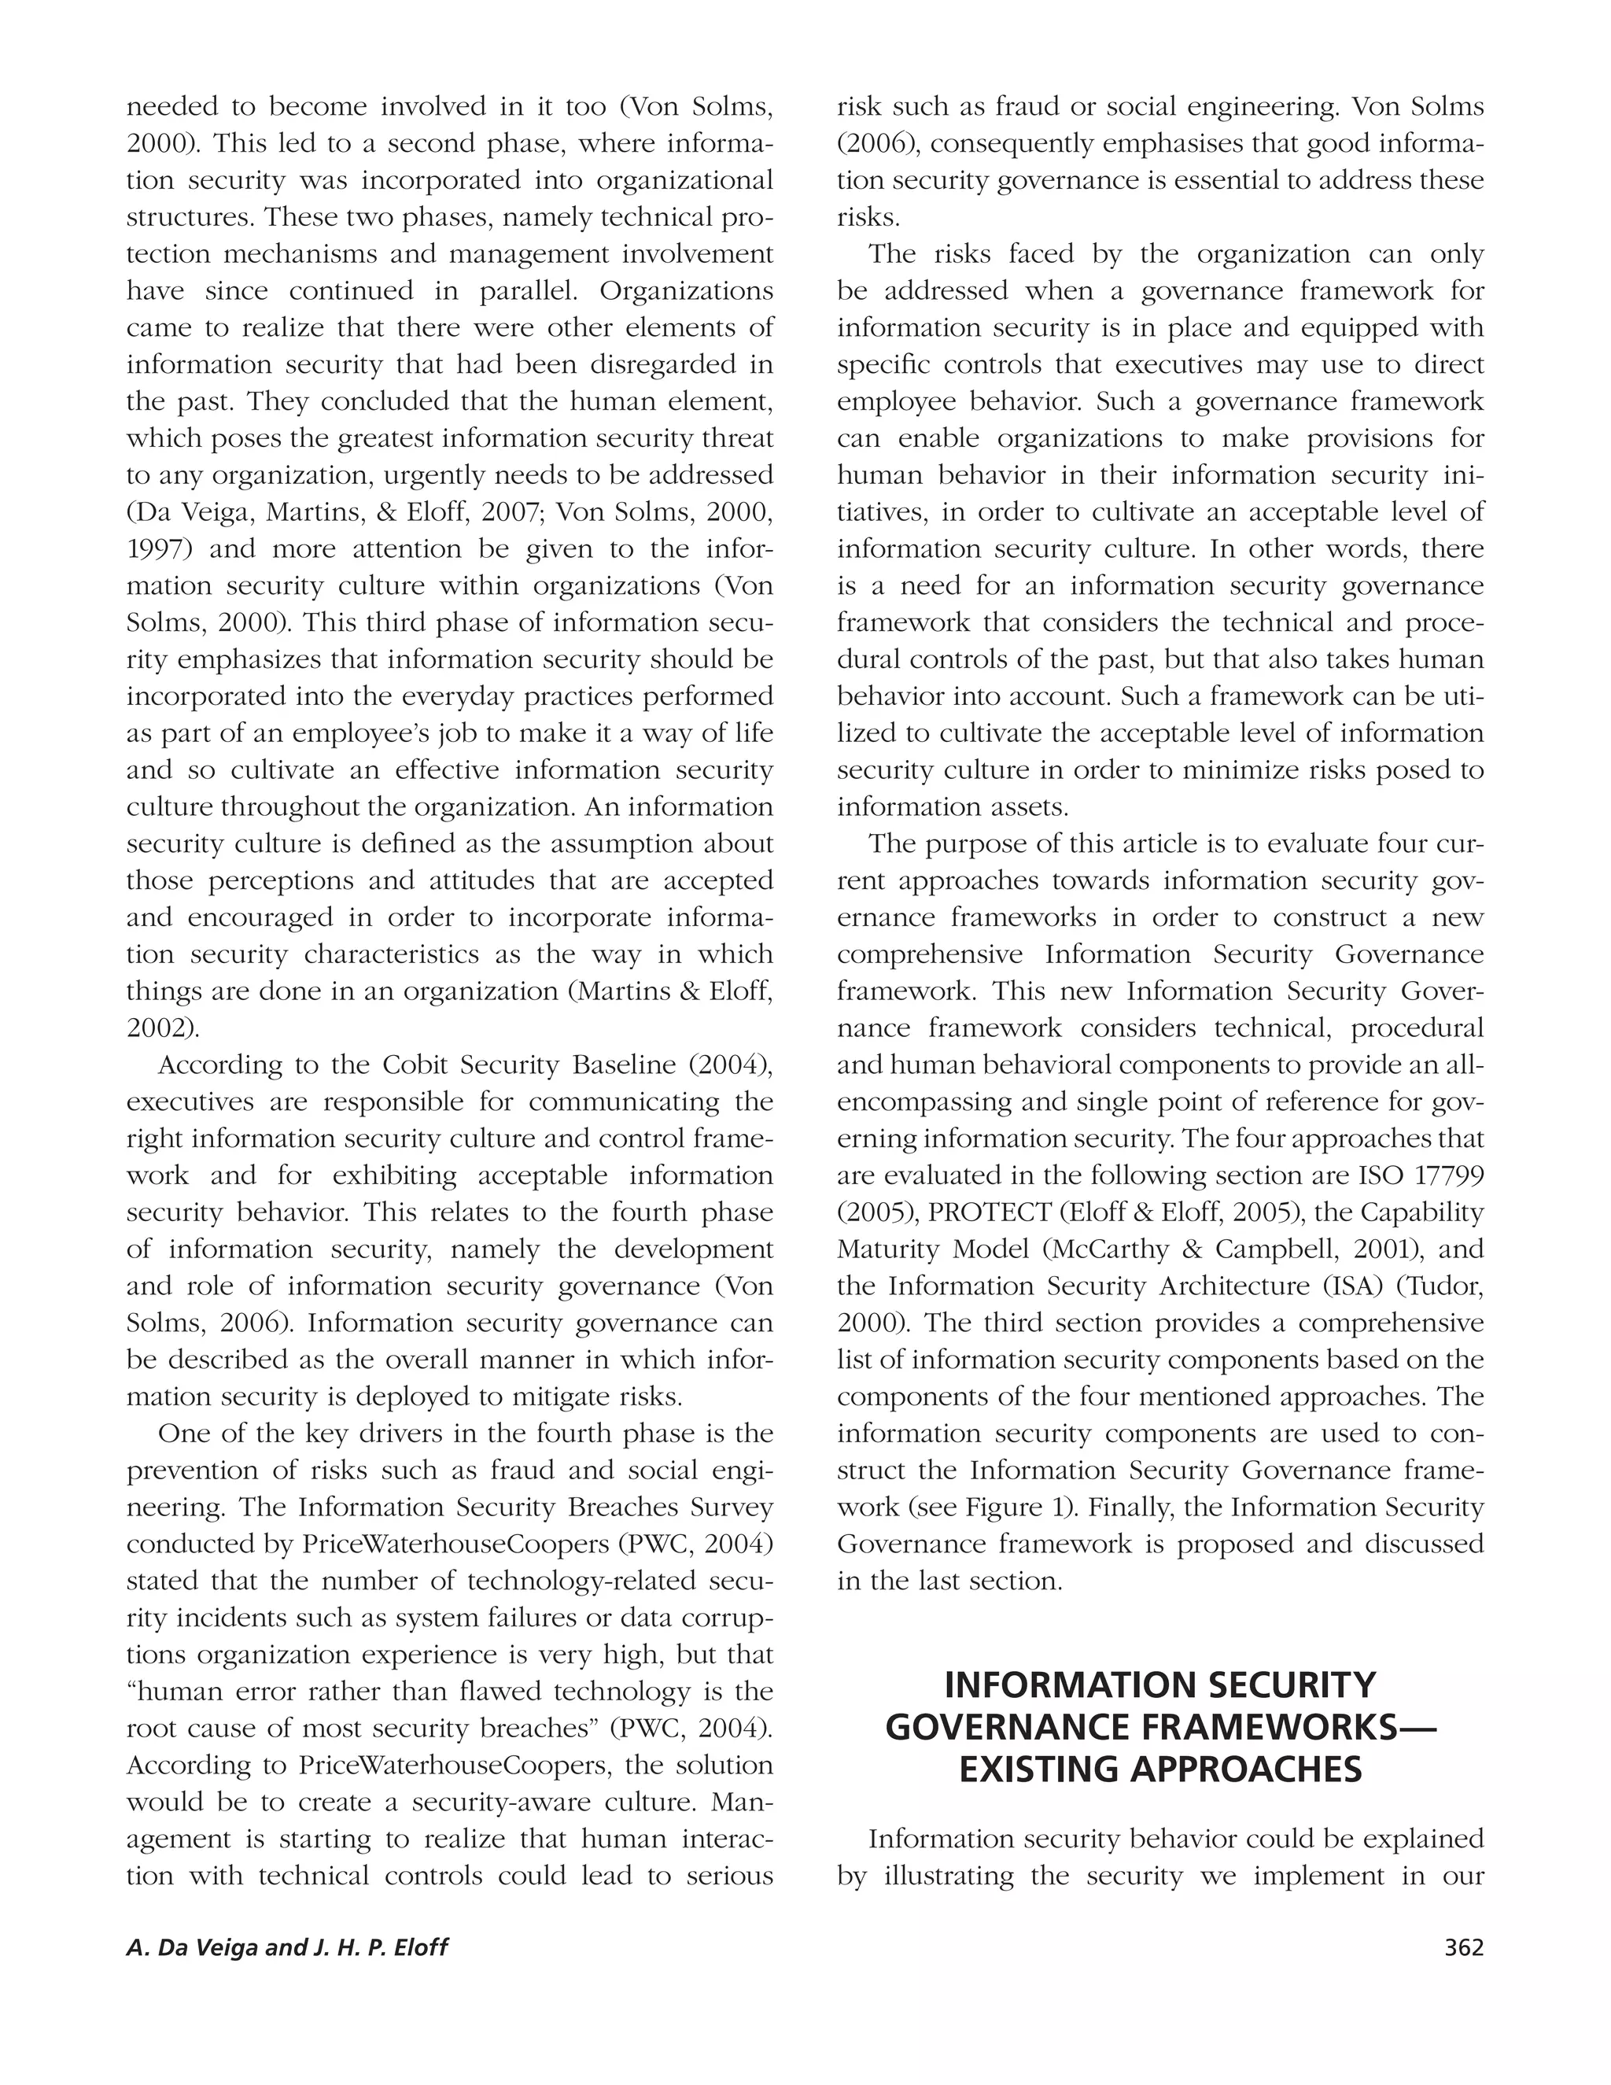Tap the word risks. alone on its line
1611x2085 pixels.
(868, 218)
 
